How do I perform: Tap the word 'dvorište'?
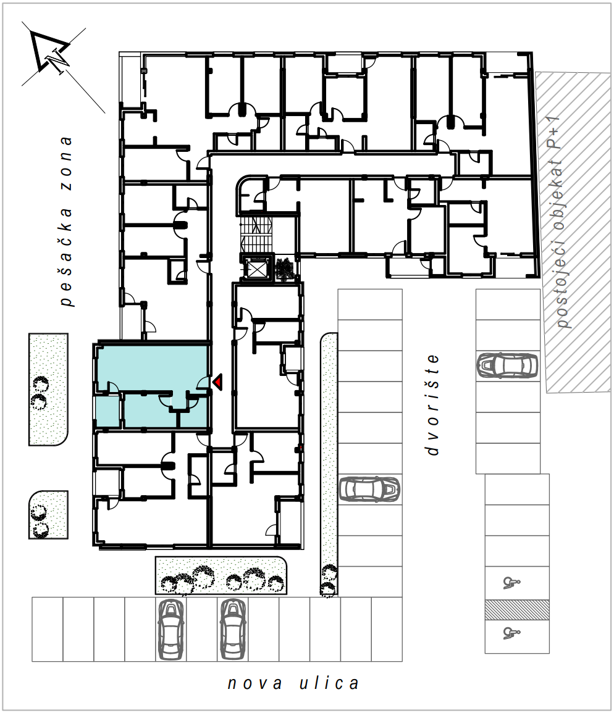click(432, 405)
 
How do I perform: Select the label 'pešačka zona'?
click(66, 222)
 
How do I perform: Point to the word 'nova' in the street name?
click(254, 683)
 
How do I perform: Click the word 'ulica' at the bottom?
click(329, 683)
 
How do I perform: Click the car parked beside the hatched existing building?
click(508, 365)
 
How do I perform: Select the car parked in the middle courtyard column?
click(369, 489)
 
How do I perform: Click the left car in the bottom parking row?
click(170, 629)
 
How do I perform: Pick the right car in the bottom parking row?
click(233, 629)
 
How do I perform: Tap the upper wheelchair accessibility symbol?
click(511, 583)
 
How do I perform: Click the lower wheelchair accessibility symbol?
click(511, 633)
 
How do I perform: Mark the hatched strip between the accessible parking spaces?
click(517, 610)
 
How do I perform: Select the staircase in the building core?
click(256, 233)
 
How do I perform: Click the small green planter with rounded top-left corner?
click(48, 515)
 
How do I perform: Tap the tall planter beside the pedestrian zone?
click(48, 390)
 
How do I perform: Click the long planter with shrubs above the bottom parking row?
click(221, 576)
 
